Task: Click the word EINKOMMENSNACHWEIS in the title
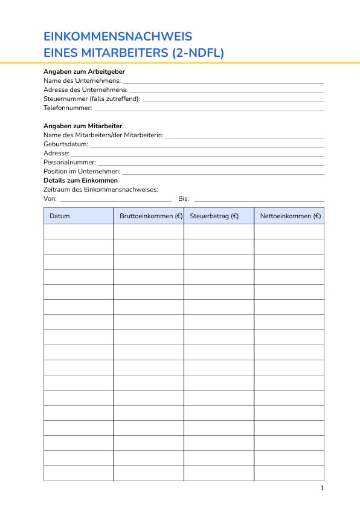click(118, 36)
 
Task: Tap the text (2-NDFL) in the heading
click(198, 53)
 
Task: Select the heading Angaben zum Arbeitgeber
click(84, 71)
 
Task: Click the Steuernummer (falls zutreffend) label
click(92, 99)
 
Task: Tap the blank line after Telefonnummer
click(208, 109)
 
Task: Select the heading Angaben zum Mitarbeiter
click(83, 126)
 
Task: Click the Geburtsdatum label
click(66, 144)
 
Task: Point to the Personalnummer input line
click(211, 164)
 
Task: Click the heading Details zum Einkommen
click(80, 180)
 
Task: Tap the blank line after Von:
click(115, 200)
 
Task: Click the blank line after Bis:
click(258, 200)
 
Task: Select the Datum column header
click(60, 216)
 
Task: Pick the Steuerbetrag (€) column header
click(214, 216)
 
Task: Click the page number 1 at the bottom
click(323, 488)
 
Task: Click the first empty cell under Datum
click(79, 232)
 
